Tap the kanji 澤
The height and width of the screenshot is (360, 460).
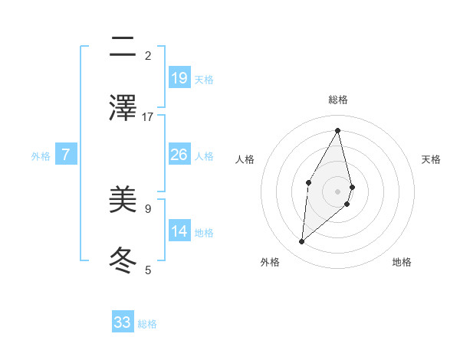[123, 108]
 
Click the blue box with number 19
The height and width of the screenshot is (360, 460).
[179, 78]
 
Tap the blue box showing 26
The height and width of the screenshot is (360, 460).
[179, 155]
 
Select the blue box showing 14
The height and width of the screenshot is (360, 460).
[179, 231]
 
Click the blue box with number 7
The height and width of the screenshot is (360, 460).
[66, 155]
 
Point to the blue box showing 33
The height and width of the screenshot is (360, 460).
[123, 322]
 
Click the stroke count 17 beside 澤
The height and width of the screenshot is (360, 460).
[148, 116]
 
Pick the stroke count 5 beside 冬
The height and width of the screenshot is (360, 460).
[148, 270]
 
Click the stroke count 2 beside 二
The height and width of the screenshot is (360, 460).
[148, 55]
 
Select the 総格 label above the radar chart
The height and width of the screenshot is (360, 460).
[338, 100]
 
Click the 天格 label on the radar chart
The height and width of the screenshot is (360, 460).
[432, 159]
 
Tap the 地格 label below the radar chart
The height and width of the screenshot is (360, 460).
[402, 262]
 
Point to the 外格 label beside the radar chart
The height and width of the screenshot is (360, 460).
[270, 262]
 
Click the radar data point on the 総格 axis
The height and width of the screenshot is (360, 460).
[338, 129]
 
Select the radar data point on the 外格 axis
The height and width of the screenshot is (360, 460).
[302, 241]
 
